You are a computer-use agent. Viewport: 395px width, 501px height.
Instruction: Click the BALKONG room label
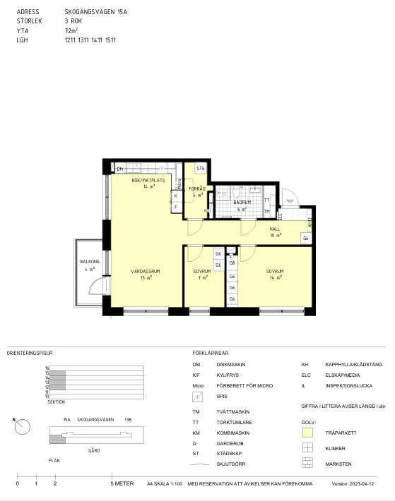click(90, 261)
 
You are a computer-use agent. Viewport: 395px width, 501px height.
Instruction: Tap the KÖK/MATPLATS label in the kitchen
click(148, 180)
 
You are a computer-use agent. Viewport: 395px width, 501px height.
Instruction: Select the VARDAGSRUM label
click(146, 271)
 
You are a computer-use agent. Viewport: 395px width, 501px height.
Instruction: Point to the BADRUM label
click(242, 203)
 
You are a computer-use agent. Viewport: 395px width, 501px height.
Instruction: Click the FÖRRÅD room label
click(197, 189)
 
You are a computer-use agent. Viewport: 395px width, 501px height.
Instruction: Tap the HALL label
click(275, 229)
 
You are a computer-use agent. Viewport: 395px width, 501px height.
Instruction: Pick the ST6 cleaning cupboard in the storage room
click(201, 169)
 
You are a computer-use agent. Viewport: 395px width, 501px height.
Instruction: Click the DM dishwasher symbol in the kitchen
click(119, 169)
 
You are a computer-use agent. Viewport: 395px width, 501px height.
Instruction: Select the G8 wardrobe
click(232, 263)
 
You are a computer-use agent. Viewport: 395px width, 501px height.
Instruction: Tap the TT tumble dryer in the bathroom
click(266, 200)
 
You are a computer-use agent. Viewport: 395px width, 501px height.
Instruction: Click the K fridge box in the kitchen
click(176, 196)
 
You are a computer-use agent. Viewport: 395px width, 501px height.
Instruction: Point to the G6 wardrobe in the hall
click(306, 239)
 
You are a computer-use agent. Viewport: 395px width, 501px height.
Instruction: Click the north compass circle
click(23, 427)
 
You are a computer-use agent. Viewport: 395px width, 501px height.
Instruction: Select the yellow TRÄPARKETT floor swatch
click(307, 433)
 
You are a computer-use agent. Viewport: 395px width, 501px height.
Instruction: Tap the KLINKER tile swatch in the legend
click(307, 447)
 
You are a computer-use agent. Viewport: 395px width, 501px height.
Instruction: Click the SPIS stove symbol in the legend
click(197, 397)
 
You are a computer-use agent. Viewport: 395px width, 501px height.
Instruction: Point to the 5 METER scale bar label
click(122, 484)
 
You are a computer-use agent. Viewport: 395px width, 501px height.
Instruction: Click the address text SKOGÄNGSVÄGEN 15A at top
click(96, 12)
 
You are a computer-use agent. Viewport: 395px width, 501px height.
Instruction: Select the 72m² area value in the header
click(71, 30)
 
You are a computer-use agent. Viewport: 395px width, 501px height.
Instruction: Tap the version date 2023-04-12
click(362, 484)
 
